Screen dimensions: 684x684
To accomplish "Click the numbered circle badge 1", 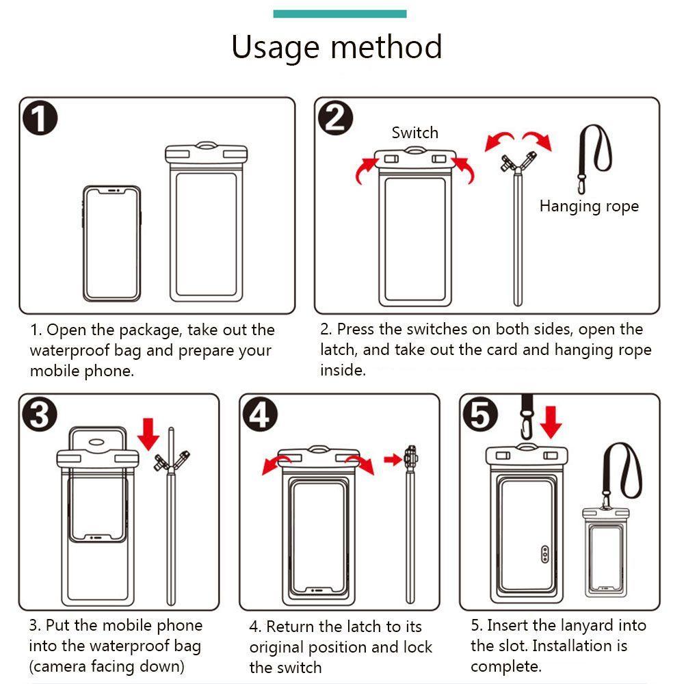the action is pos(40,118).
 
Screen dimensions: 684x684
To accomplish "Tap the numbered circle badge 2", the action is pos(335,118).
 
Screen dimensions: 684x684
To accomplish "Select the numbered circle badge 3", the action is pos(40,415).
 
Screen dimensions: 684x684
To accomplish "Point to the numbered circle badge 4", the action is pos(260,415).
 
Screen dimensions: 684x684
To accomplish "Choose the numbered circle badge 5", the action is pos(480,415).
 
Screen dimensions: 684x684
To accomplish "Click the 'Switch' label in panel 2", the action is pos(415,133).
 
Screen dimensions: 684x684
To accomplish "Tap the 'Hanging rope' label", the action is pos(589,207).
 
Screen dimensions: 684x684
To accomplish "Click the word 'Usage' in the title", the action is pos(275,48).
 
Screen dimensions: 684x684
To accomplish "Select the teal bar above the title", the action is pos(340,14).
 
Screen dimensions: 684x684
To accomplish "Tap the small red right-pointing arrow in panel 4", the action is pos(393,459).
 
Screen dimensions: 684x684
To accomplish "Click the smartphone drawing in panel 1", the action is pos(111,244).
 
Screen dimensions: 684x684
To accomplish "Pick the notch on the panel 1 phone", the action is pos(114,191).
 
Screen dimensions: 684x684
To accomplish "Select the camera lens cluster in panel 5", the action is pos(544,554).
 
